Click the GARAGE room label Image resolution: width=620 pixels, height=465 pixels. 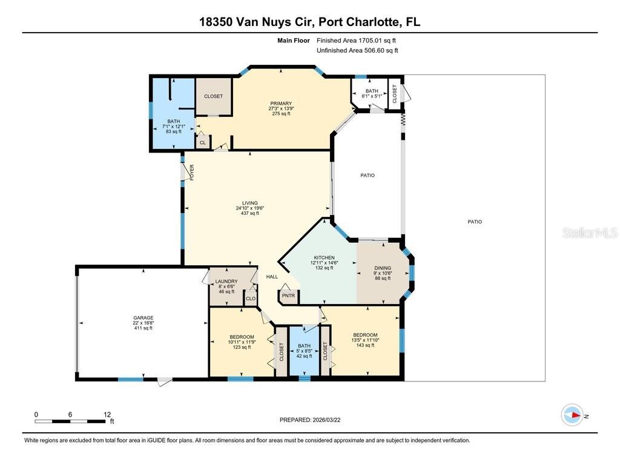[143, 318]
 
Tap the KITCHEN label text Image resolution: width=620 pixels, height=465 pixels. [324, 257]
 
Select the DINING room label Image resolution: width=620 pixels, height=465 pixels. [383, 268]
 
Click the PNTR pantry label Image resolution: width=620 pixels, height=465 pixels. [289, 296]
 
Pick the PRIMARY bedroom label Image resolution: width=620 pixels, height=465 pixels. [281, 104]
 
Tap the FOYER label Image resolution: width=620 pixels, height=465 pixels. [192, 173]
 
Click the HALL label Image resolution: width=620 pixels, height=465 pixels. [272, 277]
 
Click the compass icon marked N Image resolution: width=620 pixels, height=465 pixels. [572, 415]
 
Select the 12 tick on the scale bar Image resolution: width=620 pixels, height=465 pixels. [108, 415]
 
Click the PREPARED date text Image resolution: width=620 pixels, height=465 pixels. [309, 420]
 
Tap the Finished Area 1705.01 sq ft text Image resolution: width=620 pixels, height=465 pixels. [357, 41]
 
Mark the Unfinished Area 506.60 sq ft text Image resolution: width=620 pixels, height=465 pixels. [357, 51]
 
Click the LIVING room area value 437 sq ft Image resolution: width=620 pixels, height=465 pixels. [250, 213]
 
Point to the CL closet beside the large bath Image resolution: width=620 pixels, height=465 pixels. [203, 143]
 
